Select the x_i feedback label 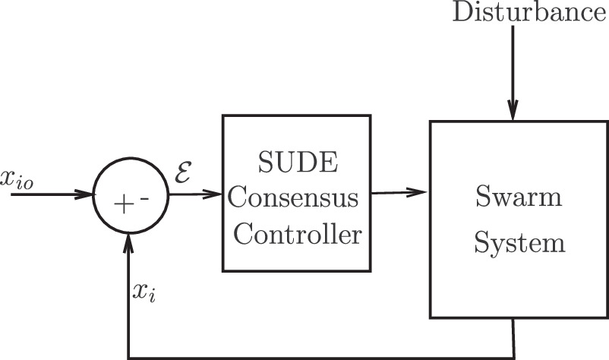point(145,292)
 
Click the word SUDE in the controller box point(295,163)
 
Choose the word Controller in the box point(297,235)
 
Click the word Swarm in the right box point(519,199)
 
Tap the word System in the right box point(519,244)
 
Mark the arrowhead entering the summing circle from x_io point(85,195)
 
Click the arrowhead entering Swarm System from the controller point(421,193)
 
